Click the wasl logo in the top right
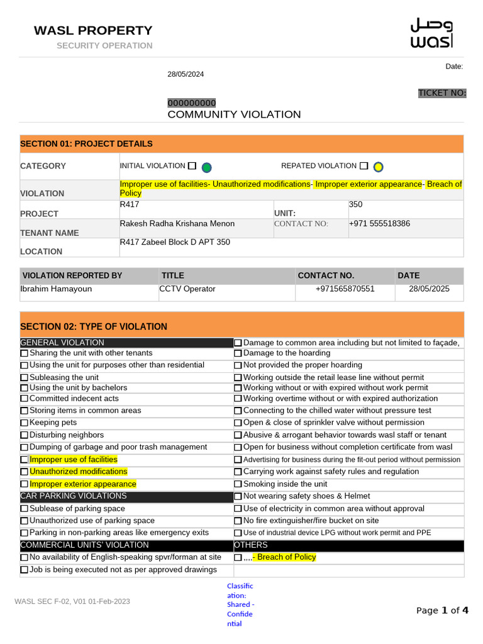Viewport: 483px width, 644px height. (431, 33)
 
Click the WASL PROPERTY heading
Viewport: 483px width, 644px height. (92, 30)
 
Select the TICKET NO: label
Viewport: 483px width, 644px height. (442, 93)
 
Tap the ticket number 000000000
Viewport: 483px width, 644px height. (191, 103)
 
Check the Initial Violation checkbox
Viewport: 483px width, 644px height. (192, 166)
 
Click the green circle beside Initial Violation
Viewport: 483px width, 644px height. (206, 167)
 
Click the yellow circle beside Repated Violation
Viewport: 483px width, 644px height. (378, 167)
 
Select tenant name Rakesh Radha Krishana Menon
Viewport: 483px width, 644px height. (177, 223)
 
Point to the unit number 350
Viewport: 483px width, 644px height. (355, 204)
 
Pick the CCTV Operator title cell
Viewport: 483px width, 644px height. (188, 289)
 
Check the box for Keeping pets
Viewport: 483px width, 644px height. (24, 423)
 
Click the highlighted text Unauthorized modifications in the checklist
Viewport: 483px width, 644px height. (78, 472)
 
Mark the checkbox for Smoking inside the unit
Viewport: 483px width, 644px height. (238, 484)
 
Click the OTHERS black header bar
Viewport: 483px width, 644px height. (348, 545)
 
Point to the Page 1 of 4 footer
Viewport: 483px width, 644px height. (442, 610)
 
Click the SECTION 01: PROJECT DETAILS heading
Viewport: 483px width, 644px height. (86, 143)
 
